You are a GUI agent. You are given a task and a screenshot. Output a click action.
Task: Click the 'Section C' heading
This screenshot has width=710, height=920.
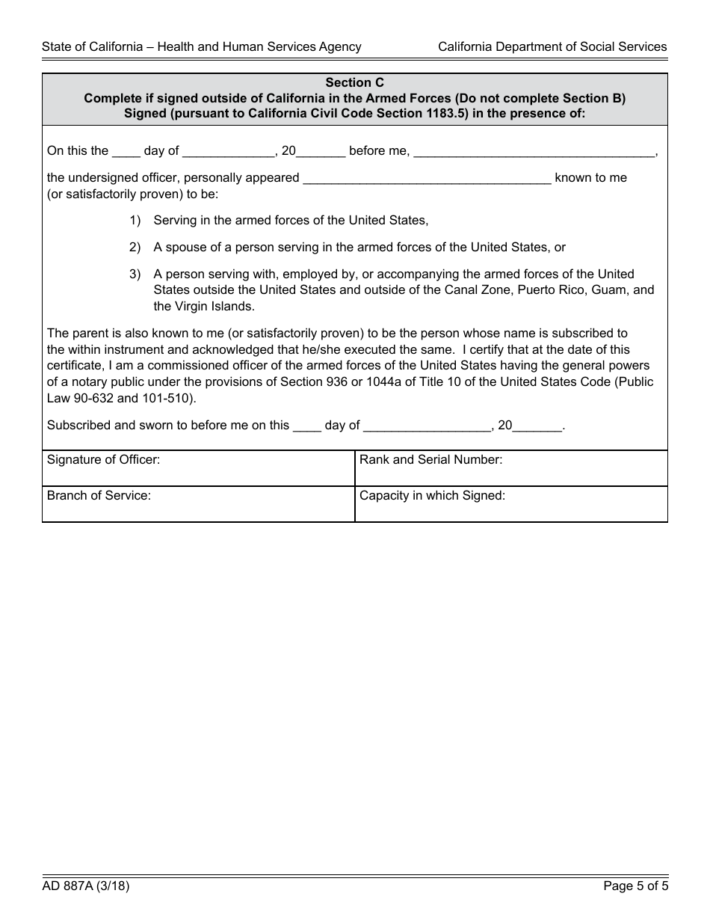point(354,83)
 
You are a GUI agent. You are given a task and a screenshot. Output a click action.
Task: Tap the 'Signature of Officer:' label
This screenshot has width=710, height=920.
point(103,460)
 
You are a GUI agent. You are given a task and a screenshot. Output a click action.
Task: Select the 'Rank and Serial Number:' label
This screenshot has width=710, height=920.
point(430,460)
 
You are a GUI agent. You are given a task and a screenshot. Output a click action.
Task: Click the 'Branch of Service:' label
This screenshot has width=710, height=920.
point(99,495)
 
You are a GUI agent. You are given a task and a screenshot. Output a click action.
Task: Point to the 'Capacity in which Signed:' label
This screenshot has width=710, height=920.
point(432,495)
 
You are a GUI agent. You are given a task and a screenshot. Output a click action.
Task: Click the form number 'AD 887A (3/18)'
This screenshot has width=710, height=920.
point(86,887)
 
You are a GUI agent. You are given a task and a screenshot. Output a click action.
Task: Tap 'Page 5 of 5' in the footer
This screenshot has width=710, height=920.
point(635,887)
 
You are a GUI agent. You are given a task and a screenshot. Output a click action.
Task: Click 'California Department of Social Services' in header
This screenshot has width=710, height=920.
point(552,46)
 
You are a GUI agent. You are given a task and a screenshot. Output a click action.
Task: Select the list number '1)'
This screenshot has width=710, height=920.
point(135,221)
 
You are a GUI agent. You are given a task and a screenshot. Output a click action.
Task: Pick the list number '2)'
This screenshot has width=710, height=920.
point(135,248)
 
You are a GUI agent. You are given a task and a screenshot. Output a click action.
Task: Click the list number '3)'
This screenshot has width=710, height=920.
point(135,275)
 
